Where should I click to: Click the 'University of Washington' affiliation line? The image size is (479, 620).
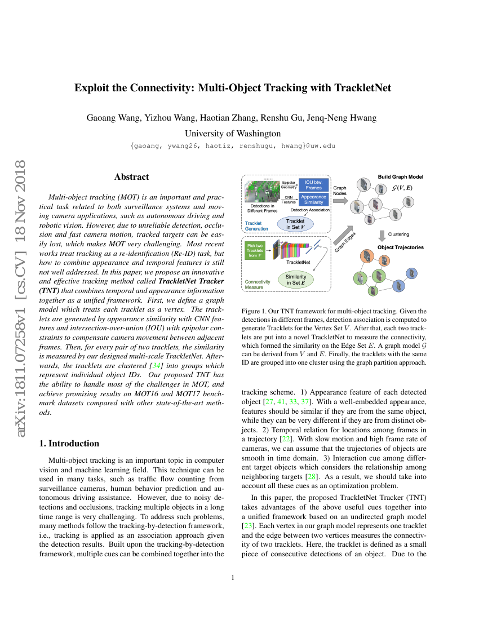[x=233, y=134]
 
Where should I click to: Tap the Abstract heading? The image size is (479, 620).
[x=132, y=177]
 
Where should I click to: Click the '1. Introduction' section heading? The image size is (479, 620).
[x=69, y=443]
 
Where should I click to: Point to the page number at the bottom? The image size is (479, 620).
[x=233, y=577]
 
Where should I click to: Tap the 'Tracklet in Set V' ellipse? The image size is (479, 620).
[x=295, y=224]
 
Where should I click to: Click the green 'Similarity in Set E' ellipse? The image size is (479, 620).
[x=295, y=280]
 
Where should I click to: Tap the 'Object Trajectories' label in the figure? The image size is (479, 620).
[x=400, y=247]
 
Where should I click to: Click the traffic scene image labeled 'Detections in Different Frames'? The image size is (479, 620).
[x=263, y=192]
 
